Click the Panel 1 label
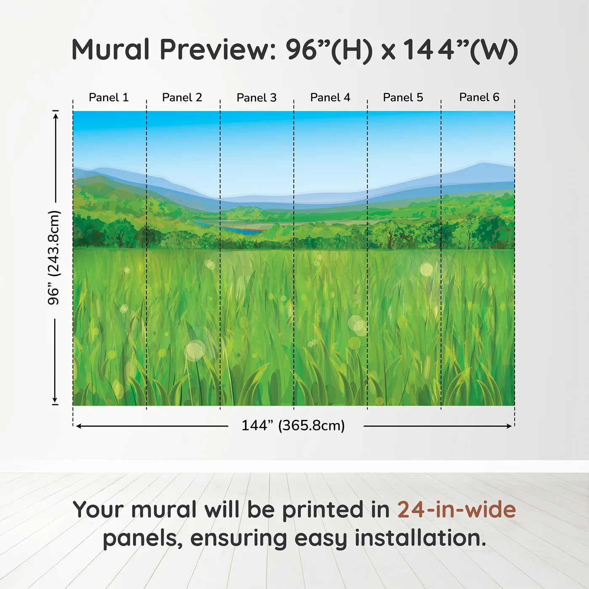coord(109,98)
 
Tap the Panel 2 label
coord(182,98)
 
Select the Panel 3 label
coord(257,98)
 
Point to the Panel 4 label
coord(330,98)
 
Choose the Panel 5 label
coord(403,98)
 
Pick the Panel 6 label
coord(479,98)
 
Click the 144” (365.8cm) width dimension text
coord(293,426)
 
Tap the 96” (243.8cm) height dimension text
coord(54,257)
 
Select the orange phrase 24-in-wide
coord(456,510)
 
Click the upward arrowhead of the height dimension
coord(55,115)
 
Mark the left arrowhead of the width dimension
coord(79,426)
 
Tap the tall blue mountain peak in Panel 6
coord(482,165)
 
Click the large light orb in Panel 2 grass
coord(195,350)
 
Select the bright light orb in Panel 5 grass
coord(426,269)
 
